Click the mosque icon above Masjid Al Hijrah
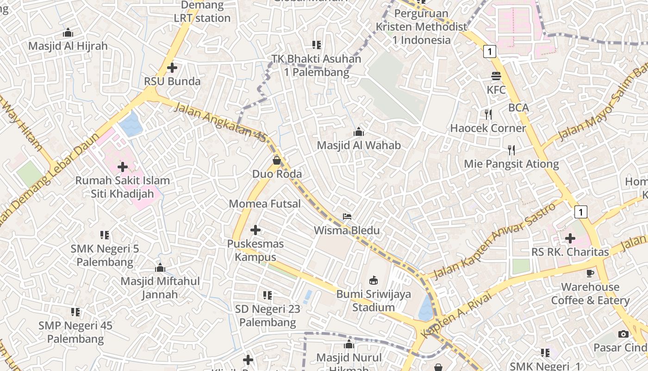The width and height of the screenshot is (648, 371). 68,33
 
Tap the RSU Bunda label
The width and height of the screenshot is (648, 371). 172,81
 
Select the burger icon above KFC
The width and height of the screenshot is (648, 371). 496,76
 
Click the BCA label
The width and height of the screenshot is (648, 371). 518,108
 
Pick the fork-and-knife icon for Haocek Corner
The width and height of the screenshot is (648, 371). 488,114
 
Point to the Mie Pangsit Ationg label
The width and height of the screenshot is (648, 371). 511,164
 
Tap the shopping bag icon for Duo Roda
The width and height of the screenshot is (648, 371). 277,160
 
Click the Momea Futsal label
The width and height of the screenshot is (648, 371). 265,204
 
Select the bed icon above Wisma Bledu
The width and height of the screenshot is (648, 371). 347,217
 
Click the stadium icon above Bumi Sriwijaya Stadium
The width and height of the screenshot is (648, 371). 373,280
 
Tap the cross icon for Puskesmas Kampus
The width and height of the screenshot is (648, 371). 255,230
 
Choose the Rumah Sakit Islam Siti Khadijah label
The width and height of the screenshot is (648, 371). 123,187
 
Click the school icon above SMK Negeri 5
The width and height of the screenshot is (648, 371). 105,235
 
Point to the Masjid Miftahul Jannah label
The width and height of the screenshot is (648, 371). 160,288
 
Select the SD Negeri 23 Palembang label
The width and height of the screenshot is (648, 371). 268,315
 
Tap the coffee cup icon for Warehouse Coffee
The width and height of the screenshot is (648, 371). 590,273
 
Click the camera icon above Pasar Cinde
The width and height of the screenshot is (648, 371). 623,334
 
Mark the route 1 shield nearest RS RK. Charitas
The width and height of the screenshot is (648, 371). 580,212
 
